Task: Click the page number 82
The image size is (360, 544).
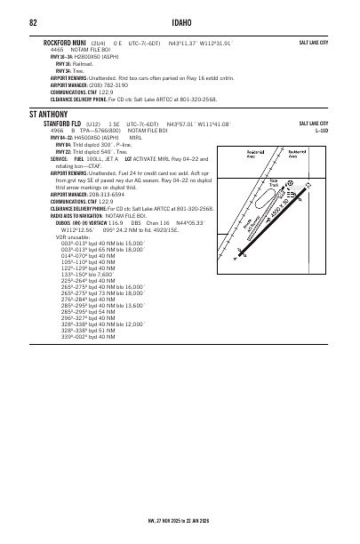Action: (33, 22)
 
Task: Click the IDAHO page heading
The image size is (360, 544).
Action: (180, 22)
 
